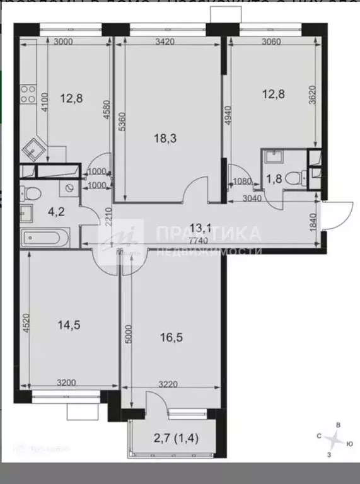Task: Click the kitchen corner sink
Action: point(33,150)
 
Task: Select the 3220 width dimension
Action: point(171,382)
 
